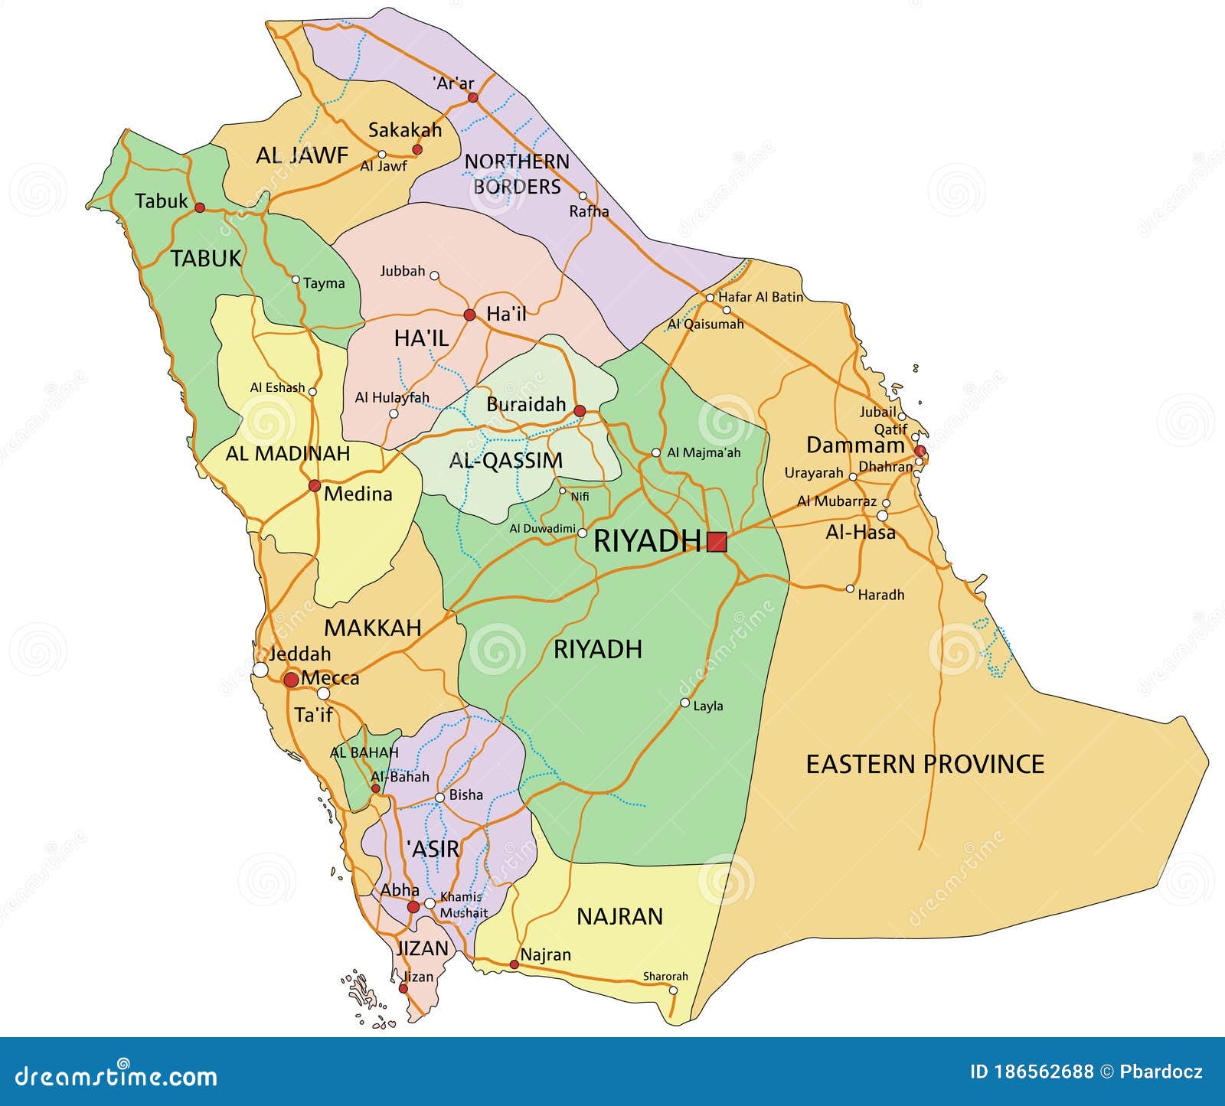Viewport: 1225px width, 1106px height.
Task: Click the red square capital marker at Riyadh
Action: point(717,542)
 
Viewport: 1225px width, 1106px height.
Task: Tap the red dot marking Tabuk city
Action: point(200,207)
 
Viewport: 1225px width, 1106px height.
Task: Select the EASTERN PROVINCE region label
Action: point(925,764)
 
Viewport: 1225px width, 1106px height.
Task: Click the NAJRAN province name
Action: point(619,916)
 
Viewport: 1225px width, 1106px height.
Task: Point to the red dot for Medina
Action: point(314,485)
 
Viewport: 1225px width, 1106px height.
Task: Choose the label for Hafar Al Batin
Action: point(760,296)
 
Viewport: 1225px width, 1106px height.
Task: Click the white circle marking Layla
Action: point(684,703)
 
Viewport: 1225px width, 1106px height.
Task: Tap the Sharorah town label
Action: point(665,976)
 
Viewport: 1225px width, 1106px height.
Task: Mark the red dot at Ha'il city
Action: point(469,315)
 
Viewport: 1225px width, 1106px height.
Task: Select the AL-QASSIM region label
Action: point(505,461)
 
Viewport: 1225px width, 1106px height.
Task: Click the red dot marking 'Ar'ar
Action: point(473,97)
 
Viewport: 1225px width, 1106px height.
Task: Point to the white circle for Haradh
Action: point(850,589)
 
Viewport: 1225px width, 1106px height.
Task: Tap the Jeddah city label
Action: point(299,654)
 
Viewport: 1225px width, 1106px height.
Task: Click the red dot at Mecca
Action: point(291,680)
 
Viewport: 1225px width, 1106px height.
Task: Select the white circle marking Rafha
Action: point(583,196)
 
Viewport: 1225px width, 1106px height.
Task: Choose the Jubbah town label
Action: point(402,271)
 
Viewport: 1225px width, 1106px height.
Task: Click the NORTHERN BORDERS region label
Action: point(517,174)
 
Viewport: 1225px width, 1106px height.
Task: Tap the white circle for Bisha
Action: point(439,798)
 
